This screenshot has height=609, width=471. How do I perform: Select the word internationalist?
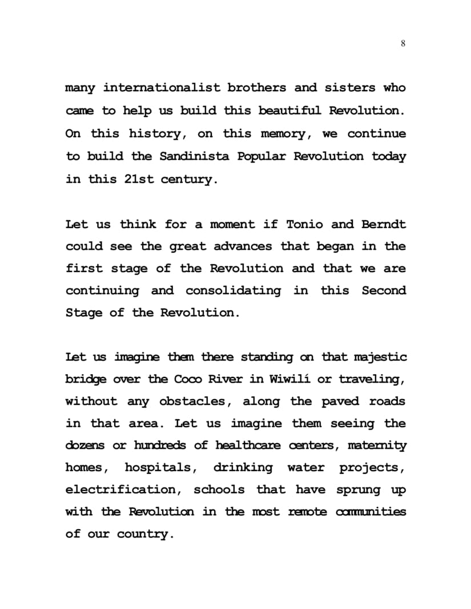[x=162, y=88]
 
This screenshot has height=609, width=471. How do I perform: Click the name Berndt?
[x=384, y=224]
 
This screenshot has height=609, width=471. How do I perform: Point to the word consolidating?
[x=233, y=291]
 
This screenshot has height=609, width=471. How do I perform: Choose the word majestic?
[x=380, y=358]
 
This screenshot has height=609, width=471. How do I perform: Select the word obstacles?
[x=195, y=402]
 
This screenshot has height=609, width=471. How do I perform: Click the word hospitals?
[x=161, y=468]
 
